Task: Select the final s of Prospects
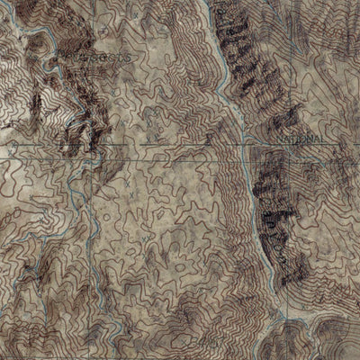[x=133, y=57]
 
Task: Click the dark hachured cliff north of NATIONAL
[x=243, y=54]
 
